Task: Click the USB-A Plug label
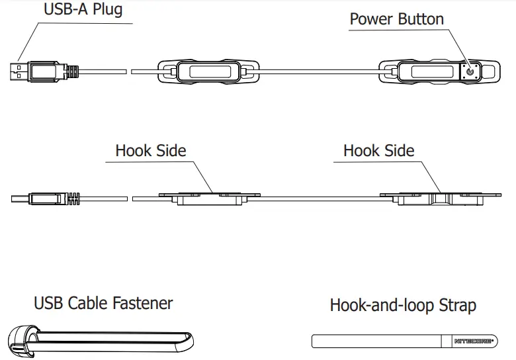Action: point(83,10)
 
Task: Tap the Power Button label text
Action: point(396,19)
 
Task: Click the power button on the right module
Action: point(470,70)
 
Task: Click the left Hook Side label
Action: point(150,150)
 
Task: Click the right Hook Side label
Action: point(378,150)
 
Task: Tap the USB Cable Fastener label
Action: point(103,304)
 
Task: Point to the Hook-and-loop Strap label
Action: point(402,305)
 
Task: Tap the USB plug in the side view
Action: point(44,197)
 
